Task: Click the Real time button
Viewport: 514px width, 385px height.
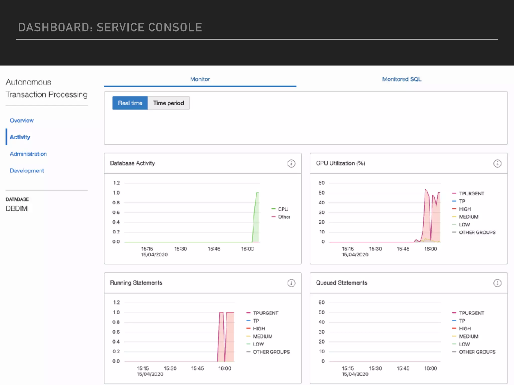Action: tap(130, 103)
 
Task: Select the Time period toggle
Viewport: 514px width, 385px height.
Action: tap(168, 103)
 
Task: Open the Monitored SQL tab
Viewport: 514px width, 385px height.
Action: tap(402, 79)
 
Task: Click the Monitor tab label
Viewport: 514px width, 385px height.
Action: tap(200, 79)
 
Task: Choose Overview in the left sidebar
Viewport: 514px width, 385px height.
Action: tap(22, 120)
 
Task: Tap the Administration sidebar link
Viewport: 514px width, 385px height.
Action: tap(28, 154)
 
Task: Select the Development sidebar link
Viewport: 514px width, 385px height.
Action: tap(27, 171)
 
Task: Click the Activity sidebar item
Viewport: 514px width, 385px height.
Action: tap(20, 137)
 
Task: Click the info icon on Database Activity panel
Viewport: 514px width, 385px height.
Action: tap(291, 163)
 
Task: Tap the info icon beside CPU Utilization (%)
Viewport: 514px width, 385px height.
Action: tap(497, 163)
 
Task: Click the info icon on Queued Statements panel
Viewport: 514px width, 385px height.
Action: tap(497, 283)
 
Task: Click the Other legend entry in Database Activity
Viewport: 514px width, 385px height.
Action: tap(284, 217)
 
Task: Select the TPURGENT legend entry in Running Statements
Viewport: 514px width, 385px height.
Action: tap(266, 313)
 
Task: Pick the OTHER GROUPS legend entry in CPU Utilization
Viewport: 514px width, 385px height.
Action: tap(477, 232)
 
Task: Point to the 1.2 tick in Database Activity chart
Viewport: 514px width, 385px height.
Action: tap(116, 183)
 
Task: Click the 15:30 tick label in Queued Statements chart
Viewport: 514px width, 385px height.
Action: tap(375, 368)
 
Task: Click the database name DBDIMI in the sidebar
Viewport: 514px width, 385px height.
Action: tap(17, 208)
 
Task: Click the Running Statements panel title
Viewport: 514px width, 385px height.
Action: tap(136, 283)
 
